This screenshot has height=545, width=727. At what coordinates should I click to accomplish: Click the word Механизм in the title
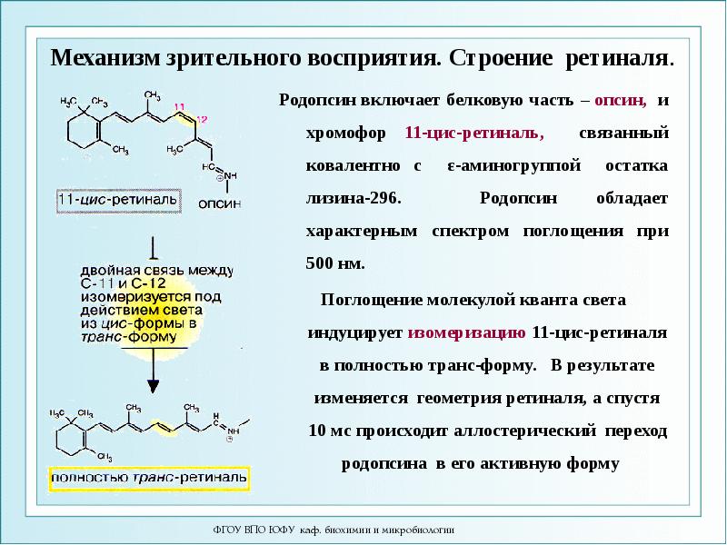pos(107,59)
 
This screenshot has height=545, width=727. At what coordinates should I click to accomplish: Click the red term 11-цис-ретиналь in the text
pos(474,133)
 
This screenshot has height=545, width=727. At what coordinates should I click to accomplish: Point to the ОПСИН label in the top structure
pos(219,203)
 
